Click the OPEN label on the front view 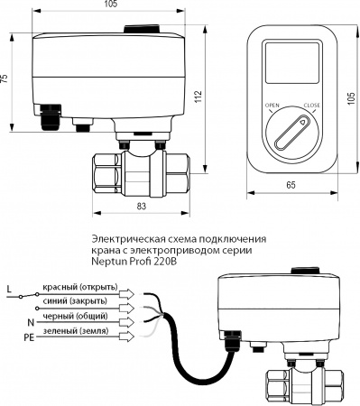(271, 106)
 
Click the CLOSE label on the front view (312, 106)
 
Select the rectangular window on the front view (291, 69)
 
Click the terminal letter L (9, 290)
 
